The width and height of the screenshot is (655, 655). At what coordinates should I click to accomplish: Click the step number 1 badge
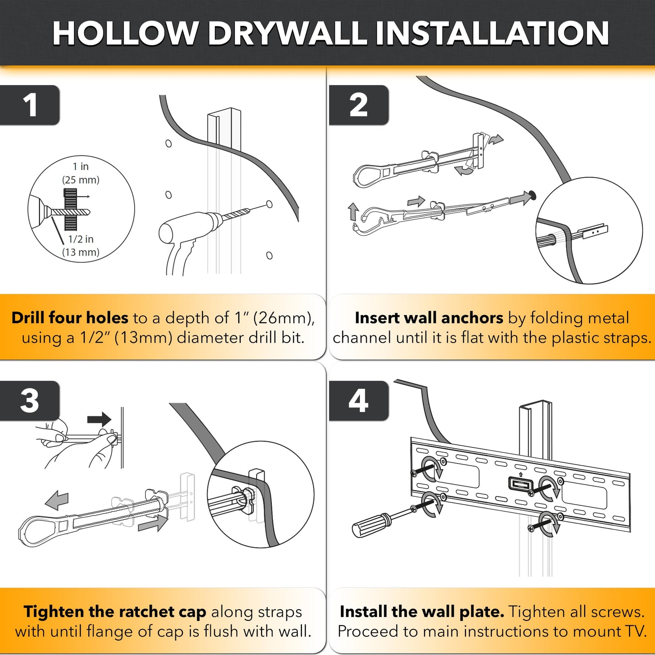click(x=30, y=105)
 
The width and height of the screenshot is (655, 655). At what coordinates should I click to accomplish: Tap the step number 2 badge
click(x=359, y=105)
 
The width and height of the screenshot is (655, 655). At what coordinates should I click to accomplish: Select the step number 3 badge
click(x=30, y=401)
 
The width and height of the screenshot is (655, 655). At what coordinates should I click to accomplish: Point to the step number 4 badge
click(x=359, y=401)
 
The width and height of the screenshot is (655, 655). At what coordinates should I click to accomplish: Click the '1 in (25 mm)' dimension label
click(x=81, y=173)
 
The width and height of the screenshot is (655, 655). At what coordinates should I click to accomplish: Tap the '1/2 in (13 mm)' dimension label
click(x=81, y=246)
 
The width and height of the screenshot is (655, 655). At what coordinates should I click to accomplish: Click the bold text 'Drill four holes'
click(x=70, y=318)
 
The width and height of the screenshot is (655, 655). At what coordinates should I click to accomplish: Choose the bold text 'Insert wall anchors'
click(x=429, y=318)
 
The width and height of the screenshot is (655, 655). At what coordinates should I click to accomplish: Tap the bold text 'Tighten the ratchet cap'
click(x=115, y=611)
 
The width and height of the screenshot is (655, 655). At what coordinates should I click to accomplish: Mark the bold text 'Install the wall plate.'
click(x=422, y=611)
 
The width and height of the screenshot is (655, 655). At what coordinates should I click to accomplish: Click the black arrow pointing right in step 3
click(x=99, y=419)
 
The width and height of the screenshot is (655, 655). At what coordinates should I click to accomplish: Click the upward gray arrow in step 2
click(x=354, y=212)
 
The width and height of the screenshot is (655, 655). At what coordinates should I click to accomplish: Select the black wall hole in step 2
click(x=533, y=195)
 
